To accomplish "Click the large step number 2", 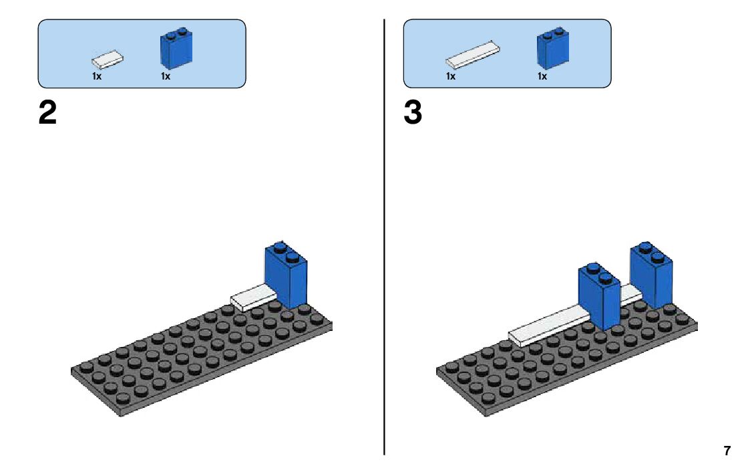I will click(47, 114).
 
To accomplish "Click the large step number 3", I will click(413, 114).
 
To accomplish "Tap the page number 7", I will click(727, 451).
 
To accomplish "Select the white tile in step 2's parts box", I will click(108, 60).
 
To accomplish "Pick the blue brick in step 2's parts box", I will click(176, 49).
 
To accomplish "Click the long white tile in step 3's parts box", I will click(474, 55).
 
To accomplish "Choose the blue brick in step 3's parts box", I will click(552, 49).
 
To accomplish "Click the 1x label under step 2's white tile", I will click(97, 76).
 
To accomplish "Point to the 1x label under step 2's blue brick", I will click(166, 76).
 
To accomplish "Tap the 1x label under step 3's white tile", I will click(451, 76).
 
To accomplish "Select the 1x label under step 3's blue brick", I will click(542, 76).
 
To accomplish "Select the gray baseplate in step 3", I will click(534, 374).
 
